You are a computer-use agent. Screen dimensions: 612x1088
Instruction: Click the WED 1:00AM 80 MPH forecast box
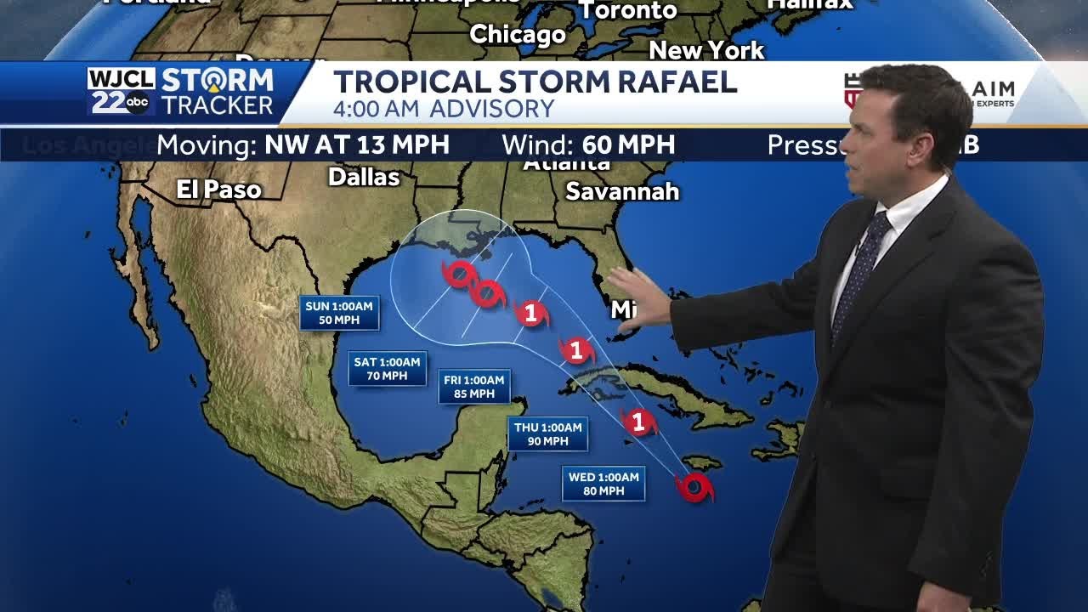603,484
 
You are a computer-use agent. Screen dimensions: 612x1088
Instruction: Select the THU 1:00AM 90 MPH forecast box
548,434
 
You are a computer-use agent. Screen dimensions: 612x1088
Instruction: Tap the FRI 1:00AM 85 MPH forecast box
474,387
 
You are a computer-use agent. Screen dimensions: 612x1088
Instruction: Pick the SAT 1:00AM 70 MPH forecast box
387,369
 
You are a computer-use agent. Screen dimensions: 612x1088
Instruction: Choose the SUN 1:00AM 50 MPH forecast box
339,313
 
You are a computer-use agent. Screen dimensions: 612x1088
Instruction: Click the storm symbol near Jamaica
694,487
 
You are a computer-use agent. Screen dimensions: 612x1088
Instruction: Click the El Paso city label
218,190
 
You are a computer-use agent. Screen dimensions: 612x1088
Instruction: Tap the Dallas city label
364,177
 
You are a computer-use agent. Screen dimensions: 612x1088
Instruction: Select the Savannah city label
622,191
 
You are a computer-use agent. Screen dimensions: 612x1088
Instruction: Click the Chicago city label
518,35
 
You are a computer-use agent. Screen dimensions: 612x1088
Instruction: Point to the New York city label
706,51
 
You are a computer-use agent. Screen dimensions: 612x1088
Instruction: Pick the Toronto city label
628,11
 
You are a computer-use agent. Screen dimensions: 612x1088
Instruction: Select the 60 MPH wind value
629,144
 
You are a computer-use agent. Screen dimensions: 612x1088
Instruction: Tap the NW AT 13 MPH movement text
357,144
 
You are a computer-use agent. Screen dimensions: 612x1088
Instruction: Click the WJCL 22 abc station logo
122,92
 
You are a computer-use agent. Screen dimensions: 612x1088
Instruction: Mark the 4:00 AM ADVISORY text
444,109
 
